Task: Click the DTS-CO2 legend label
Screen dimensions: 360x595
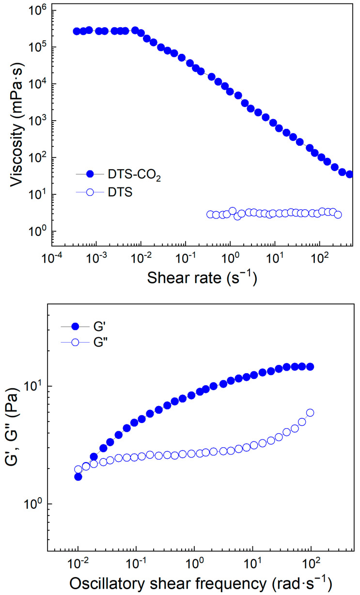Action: point(134,175)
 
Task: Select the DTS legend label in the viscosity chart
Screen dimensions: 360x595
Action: point(120,192)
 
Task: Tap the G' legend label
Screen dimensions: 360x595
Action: point(100,327)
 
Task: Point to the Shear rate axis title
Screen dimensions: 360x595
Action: point(202,278)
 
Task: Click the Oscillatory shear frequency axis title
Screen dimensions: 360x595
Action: point(201,584)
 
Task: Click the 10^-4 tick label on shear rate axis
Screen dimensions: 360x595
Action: point(52,257)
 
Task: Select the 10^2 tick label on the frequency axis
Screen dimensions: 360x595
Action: point(311,563)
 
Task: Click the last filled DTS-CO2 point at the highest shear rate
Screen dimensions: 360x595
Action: point(350,174)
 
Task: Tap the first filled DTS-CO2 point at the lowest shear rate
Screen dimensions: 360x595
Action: point(77,31)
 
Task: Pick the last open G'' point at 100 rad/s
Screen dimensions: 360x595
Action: point(310,412)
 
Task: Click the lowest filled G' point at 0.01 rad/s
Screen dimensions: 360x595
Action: point(78,477)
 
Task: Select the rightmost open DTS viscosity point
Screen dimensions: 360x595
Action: point(338,215)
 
